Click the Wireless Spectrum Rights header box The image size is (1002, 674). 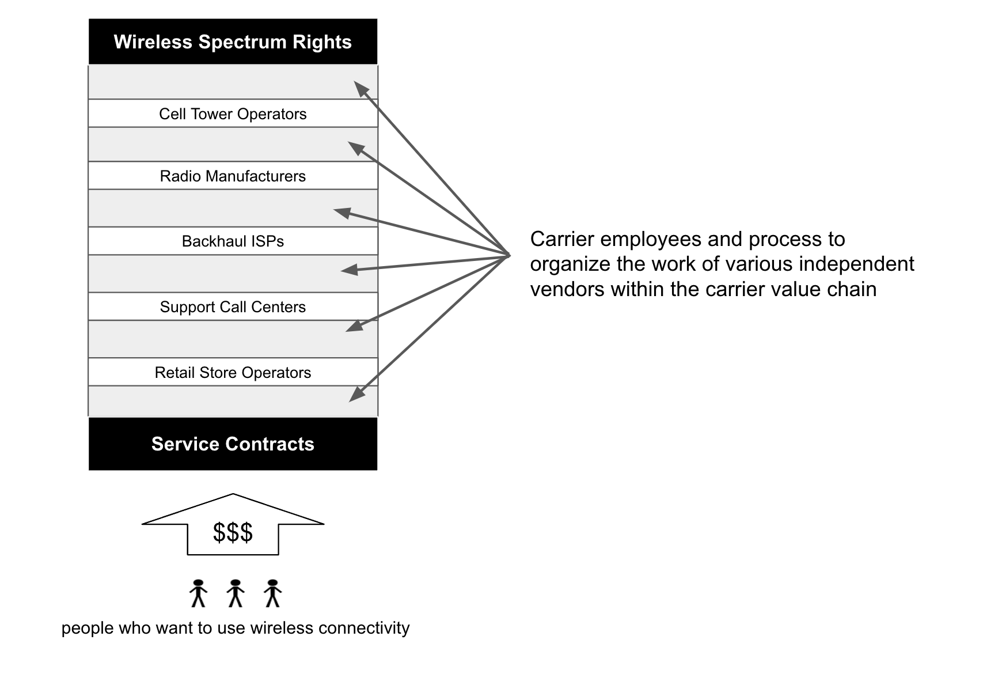[x=233, y=41]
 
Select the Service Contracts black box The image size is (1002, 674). [x=233, y=444]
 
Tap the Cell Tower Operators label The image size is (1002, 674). [x=233, y=114]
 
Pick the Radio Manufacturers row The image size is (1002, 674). [x=233, y=176]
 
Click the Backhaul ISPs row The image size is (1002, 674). [x=233, y=241]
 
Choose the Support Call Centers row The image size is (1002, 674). [x=233, y=306]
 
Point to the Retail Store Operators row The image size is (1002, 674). [x=233, y=372]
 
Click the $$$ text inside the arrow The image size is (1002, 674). [x=233, y=532]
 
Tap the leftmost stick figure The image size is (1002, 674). [x=198, y=593]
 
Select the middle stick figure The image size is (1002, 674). [x=235, y=593]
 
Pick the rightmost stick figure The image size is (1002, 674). [x=272, y=593]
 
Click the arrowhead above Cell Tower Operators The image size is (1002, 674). [x=361, y=89]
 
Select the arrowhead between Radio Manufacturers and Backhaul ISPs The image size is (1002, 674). [x=342, y=213]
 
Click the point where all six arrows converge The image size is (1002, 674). [x=510, y=255]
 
